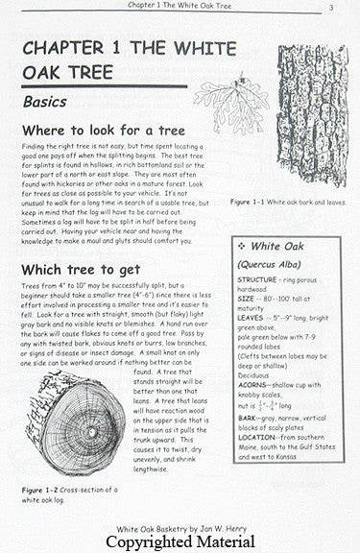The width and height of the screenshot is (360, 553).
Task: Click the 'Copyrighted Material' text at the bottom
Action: (x=180, y=542)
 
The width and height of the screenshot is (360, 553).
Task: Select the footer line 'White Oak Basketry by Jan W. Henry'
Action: (x=180, y=525)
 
